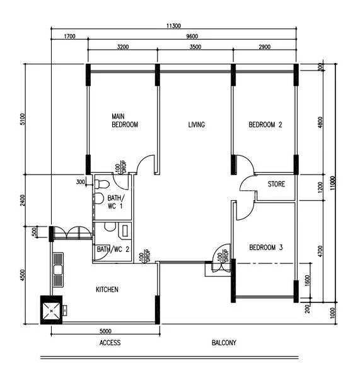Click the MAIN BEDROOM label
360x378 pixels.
[x=124, y=121]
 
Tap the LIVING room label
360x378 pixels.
[x=196, y=125]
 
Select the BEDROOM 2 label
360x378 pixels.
[x=265, y=125]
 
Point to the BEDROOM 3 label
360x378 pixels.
[x=265, y=247]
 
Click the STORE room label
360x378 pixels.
[x=276, y=185]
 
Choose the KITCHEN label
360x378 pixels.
[x=107, y=289]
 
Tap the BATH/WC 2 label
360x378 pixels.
[x=113, y=249]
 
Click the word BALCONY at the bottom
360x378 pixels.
[x=223, y=343]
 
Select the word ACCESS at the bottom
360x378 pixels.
[x=110, y=343]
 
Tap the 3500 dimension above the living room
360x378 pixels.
[x=195, y=47]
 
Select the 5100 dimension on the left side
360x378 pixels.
[x=23, y=119]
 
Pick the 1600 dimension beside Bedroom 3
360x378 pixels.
[x=307, y=280]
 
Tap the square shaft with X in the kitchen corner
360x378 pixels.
[x=52, y=309]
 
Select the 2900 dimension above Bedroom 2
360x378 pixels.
[x=264, y=47]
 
